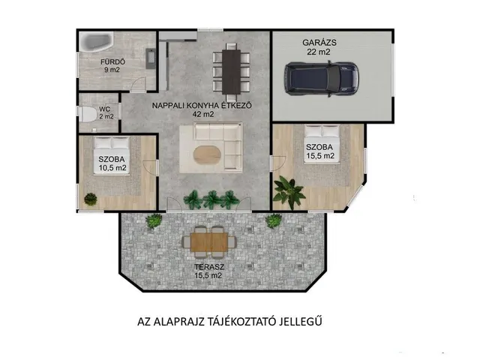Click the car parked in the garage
322,78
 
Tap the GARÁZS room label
319,43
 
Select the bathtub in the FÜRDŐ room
97,43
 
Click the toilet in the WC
87,114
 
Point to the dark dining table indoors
231,72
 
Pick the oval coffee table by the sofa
207,154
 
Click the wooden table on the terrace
209,241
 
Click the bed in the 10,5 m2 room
112,155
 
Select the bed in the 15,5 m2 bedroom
322,145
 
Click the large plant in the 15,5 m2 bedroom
289,191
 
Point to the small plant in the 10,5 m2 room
91,199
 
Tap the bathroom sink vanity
151,58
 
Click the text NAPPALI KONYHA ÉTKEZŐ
202,106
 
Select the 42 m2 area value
203,115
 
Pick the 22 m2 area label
319,52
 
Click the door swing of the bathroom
138,84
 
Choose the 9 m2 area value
112,70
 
